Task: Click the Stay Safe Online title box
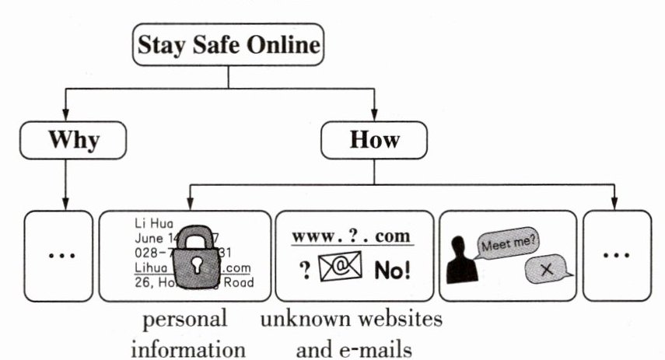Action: (228, 45)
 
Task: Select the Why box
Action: (74, 140)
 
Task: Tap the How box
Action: (374, 140)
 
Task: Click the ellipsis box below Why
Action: (59, 256)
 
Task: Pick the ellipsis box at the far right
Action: (618, 256)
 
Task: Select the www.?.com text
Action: (352, 235)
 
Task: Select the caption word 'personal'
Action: (184, 319)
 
